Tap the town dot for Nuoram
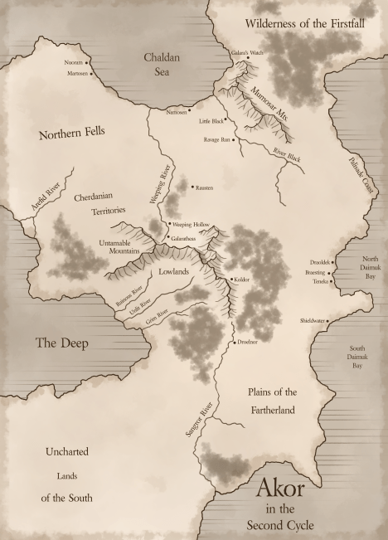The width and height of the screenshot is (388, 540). pyautogui.click(x=87, y=62)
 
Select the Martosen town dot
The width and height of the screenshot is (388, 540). pyautogui.click(x=90, y=73)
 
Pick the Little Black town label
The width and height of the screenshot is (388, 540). pyautogui.click(x=211, y=121)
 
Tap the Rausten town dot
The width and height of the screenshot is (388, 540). pyautogui.click(x=192, y=187)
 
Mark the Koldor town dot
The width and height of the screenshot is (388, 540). pyautogui.click(x=231, y=280)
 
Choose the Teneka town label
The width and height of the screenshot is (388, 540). pyautogui.click(x=319, y=280)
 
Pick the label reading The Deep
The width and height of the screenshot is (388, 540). pyautogui.click(x=61, y=343)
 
